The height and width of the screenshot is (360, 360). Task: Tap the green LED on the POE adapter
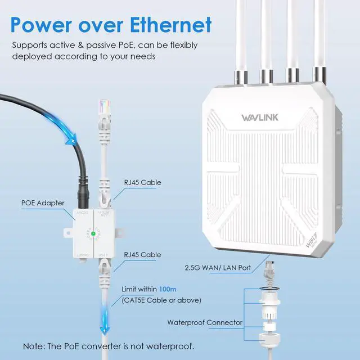click(91, 231)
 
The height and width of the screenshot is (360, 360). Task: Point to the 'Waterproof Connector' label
click(205, 322)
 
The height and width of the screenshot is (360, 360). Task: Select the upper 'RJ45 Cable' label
click(142, 182)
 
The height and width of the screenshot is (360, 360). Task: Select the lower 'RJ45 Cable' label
click(142, 254)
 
